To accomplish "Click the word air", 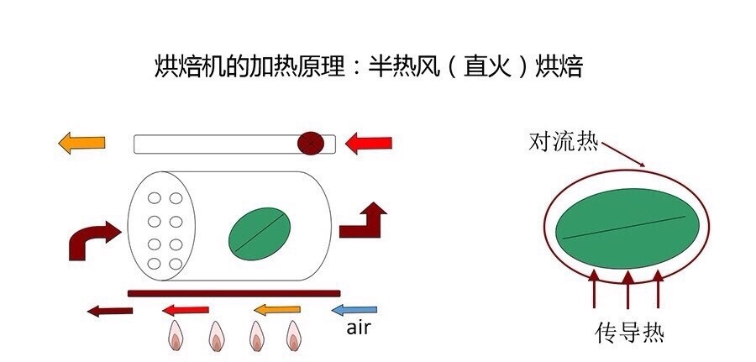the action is click(359, 328).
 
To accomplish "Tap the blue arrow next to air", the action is click(354, 309).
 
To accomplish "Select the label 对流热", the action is click(563, 142).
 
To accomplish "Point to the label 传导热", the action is click(629, 333).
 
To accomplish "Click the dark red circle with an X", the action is click(311, 143).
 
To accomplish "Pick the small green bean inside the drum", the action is click(260, 233).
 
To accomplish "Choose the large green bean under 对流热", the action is click(627, 228).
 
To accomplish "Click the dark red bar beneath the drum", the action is click(234, 293).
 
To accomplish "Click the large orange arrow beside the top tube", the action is click(81, 143).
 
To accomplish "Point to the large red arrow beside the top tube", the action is click(369, 143).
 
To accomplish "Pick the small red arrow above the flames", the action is click(186, 310).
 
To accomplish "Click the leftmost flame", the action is click(176, 335).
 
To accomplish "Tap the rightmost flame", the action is click(294, 335).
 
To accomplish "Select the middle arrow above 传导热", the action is click(627, 289).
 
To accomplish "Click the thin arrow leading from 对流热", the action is click(623, 155).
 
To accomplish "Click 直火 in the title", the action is click(486, 66).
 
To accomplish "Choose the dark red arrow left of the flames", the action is click(110, 311).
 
